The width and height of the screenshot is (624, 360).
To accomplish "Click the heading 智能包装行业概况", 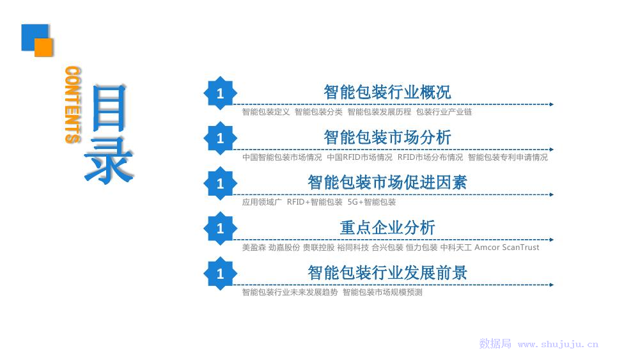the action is (x=387, y=92).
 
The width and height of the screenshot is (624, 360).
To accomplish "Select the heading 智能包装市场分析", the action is (x=387, y=137).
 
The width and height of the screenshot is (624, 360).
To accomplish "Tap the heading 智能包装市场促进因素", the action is (x=387, y=183).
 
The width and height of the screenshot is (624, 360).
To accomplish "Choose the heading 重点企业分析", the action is (x=387, y=228).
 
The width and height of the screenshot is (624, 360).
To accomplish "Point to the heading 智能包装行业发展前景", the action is (x=387, y=273).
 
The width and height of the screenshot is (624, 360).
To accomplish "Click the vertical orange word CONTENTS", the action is (x=73, y=105).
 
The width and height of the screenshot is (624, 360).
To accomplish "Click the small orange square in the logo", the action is (x=43, y=47).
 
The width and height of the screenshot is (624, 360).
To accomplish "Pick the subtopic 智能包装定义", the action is (x=266, y=112).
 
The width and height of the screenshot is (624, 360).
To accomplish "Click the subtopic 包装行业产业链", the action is (x=444, y=112).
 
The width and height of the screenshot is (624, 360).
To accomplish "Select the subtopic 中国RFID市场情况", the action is (x=359, y=157).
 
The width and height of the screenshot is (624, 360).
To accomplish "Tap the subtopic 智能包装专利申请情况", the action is (x=508, y=157).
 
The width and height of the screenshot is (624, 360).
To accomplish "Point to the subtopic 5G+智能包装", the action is (x=371, y=202).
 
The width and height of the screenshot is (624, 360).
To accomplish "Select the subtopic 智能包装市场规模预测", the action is (x=382, y=292).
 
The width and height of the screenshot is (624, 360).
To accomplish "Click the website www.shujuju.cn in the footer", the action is (x=558, y=344).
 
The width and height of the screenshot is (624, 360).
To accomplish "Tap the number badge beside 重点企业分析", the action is (x=220, y=228).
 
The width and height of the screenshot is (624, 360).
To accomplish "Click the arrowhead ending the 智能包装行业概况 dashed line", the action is (x=551, y=104).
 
